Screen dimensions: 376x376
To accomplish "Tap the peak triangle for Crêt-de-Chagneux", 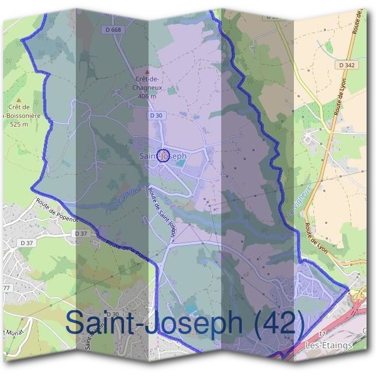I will point(148,71).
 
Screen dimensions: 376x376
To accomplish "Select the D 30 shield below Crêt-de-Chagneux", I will point(157,116).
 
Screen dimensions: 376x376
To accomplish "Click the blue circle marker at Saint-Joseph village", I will point(162,156).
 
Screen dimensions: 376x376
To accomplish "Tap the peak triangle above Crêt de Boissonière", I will point(19,99).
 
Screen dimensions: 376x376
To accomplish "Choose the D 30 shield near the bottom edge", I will point(112,314).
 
